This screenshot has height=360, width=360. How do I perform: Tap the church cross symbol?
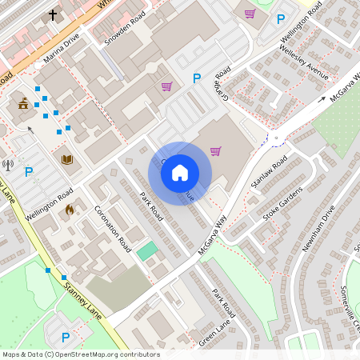click(54, 15)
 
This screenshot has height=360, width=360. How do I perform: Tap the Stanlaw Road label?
click(268, 175)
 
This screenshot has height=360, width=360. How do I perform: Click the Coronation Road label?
click(113, 229)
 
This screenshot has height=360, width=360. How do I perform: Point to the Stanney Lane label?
click(83, 298)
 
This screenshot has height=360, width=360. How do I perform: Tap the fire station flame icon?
click(69, 210)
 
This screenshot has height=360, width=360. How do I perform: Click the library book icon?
click(67, 160)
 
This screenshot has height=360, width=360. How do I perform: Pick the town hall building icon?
click(24, 103)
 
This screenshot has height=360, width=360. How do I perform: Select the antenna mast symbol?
click(9, 166)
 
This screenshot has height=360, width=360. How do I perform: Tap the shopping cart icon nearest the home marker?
click(215, 150)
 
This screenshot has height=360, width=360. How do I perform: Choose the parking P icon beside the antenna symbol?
click(29, 171)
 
